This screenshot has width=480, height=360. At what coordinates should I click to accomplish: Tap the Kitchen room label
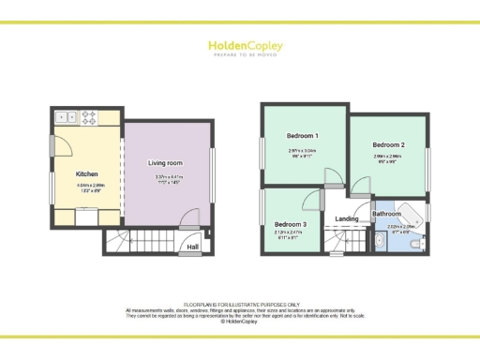(x=87, y=173)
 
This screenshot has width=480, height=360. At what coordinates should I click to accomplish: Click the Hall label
(x=193, y=247)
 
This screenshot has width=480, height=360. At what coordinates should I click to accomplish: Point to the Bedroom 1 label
(x=303, y=136)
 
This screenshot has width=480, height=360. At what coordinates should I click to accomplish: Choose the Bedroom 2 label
(x=388, y=145)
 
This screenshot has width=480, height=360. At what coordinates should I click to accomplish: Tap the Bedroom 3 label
(x=291, y=225)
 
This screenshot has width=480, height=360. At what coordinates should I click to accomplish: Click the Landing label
(x=347, y=219)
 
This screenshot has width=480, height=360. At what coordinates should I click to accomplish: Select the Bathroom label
(x=387, y=214)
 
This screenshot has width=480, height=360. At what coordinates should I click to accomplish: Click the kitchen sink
(x=67, y=117)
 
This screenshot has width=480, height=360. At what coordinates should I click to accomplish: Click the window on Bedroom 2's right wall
(x=427, y=156)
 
